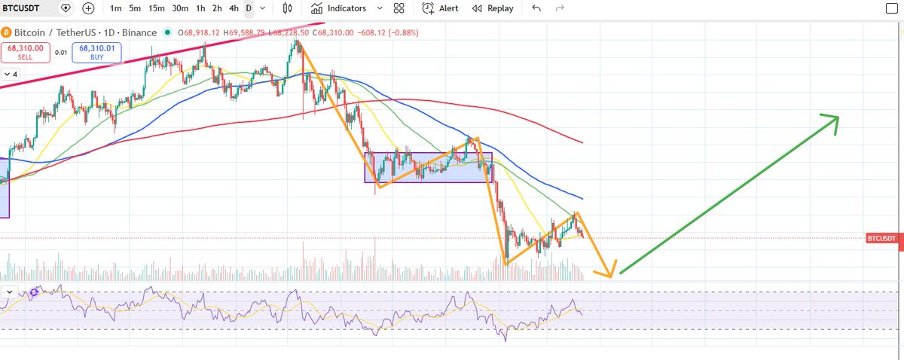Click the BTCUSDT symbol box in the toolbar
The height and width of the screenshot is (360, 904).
tap(27, 8)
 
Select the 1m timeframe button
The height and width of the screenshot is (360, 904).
tap(116, 8)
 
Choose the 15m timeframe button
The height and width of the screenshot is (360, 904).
tap(157, 8)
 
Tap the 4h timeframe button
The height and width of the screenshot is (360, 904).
tap(234, 8)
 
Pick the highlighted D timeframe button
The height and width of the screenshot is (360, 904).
tap(249, 8)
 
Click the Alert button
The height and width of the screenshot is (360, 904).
tap(440, 8)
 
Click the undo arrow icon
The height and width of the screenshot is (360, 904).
tap(536, 8)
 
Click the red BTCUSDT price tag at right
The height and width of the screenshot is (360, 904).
tap(882, 239)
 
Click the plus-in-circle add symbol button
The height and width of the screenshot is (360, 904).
tap(89, 8)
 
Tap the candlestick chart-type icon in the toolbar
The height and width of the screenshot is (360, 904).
tap(287, 8)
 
